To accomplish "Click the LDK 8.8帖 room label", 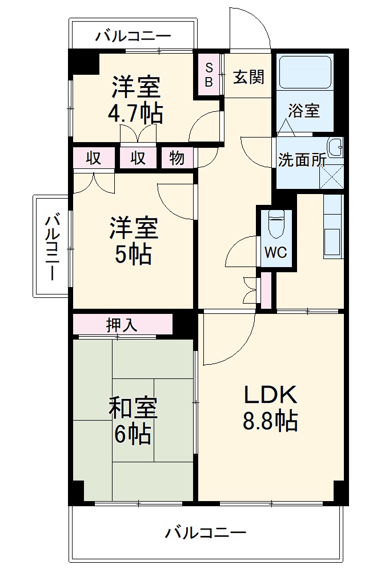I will (x=270, y=407).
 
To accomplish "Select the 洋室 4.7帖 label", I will (x=135, y=99).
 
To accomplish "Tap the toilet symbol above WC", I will (x=276, y=224).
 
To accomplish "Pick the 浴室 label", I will (x=303, y=110).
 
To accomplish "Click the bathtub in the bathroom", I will (x=304, y=71).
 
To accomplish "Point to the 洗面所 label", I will (x=302, y=160).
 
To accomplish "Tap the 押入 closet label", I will (x=122, y=325).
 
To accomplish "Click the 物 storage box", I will (x=177, y=158).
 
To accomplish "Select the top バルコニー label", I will (x=133, y=37).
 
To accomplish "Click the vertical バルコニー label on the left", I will (x=52, y=246).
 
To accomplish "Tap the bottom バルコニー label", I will (x=206, y=533).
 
